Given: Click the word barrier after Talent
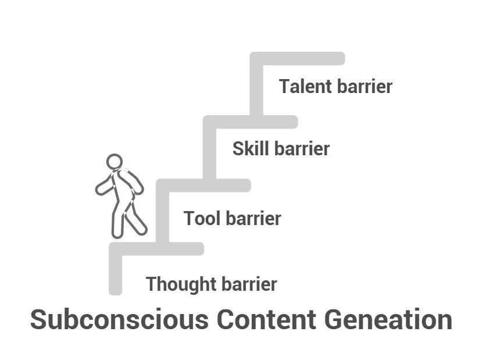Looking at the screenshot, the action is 364,87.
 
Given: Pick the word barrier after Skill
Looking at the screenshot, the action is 302,149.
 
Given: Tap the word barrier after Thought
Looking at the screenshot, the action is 249,284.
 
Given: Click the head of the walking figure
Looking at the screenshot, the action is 115,162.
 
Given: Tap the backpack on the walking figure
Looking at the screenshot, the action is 133,181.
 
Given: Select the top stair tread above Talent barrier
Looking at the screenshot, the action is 297,59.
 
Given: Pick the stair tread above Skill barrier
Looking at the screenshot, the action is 250,122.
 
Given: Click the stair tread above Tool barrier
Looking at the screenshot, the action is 203,186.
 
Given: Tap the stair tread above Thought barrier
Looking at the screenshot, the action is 156,249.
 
